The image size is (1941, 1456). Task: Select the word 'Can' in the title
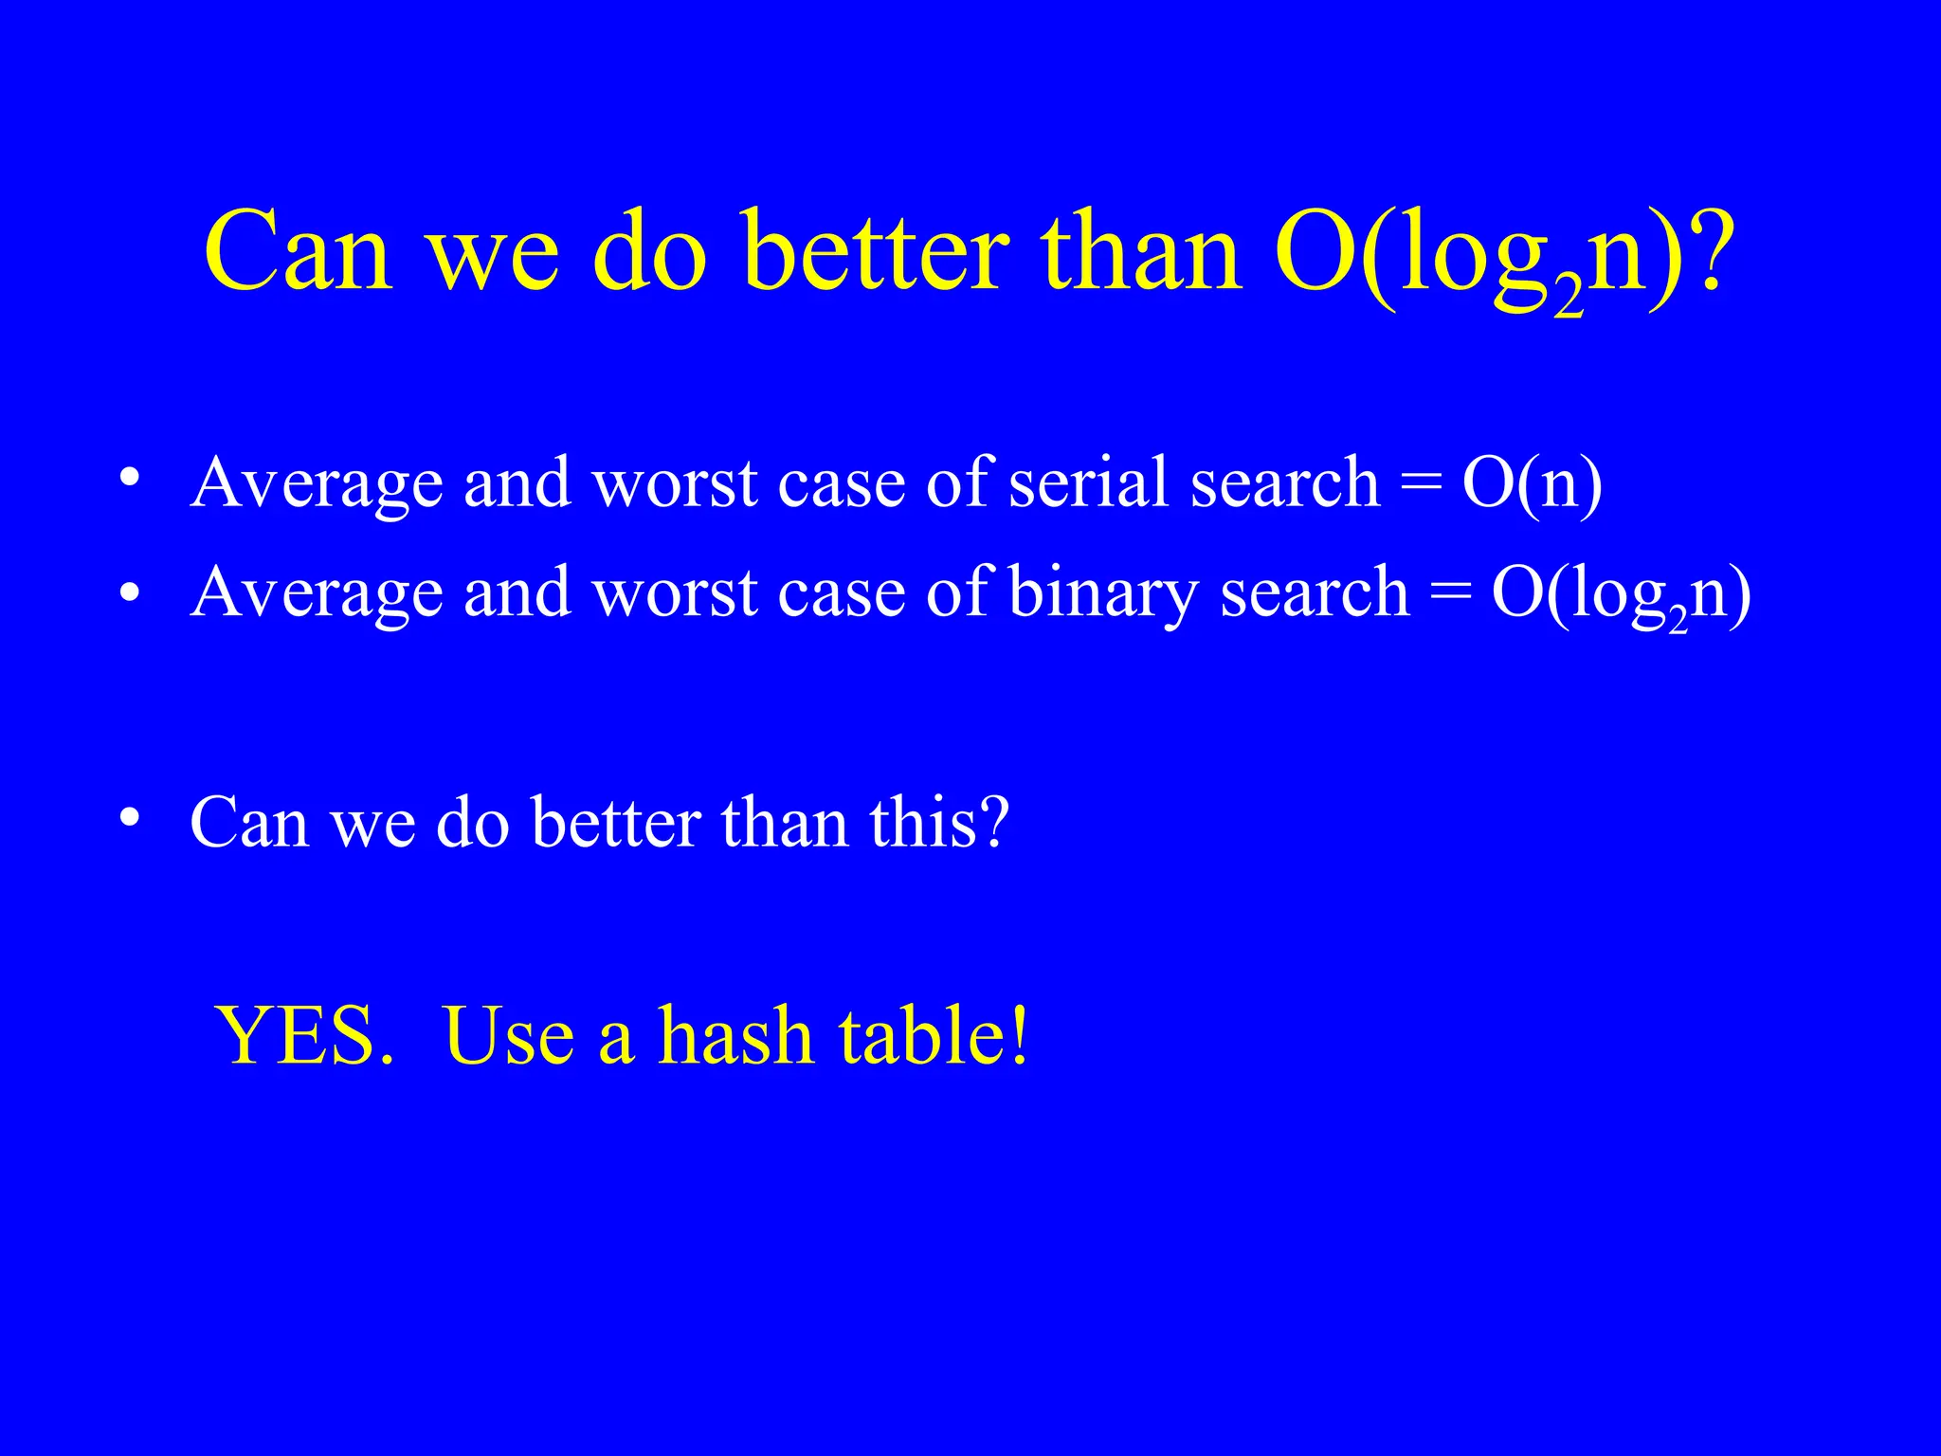tap(299, 252)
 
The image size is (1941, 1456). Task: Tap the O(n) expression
tap(1533, 484)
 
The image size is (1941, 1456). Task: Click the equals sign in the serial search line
tap(1421, 484)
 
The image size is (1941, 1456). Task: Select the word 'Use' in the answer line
tap(509, 1036)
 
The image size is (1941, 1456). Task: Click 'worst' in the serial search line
tap(675, 482)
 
